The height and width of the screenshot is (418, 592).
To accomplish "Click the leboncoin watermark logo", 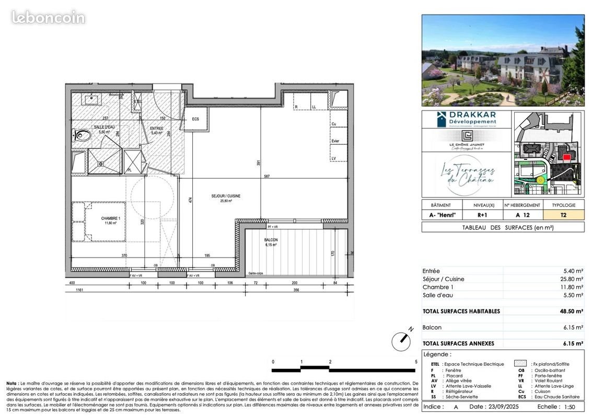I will [x=48, y=17].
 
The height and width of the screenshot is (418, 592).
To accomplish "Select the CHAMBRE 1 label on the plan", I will [x=111, y=218].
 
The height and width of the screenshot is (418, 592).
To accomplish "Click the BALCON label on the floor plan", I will [x=271, y=240].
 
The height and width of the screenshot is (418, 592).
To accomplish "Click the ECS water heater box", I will [x=195, y=119].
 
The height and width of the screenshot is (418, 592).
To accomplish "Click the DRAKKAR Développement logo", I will [x=466, y=118].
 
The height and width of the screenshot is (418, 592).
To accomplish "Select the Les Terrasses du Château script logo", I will [x=466, y=175].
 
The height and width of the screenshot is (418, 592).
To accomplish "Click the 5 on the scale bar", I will [x=416, y=362].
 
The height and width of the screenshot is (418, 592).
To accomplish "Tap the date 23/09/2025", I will [x=491, y=407].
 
